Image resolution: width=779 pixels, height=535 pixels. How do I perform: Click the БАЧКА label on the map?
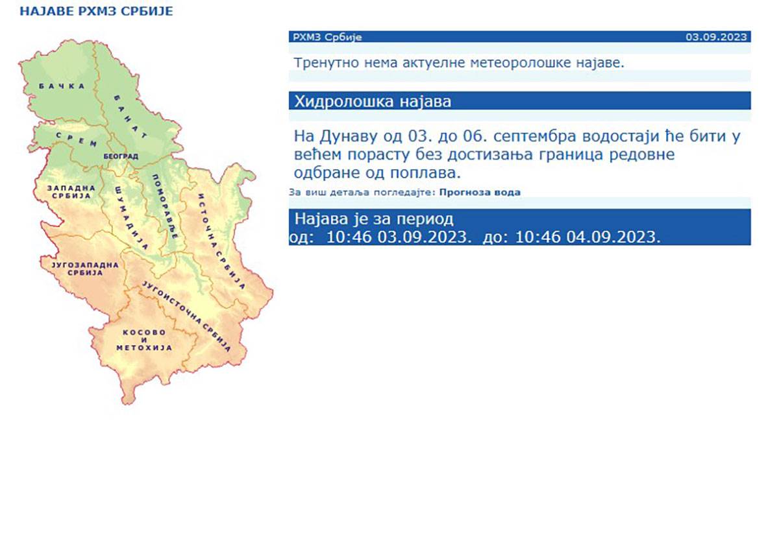[x=62, y=86]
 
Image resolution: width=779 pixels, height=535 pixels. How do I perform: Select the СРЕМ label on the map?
[x=77, y=139]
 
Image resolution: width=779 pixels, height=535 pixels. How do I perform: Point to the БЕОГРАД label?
[x=121, y=156]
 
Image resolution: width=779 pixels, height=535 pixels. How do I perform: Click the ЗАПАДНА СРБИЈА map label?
[x=71, y=193]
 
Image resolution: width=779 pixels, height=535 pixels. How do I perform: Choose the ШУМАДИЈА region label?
[x=131, y=218]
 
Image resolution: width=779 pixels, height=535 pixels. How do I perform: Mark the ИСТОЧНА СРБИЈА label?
[x=221, y=241]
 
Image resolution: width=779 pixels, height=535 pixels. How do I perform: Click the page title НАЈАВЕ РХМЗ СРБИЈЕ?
[x=96, y=12]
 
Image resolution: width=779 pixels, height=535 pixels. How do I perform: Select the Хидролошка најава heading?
[x=373, y=102]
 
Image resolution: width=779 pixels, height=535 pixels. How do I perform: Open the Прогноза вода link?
[x=480, y=192]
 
